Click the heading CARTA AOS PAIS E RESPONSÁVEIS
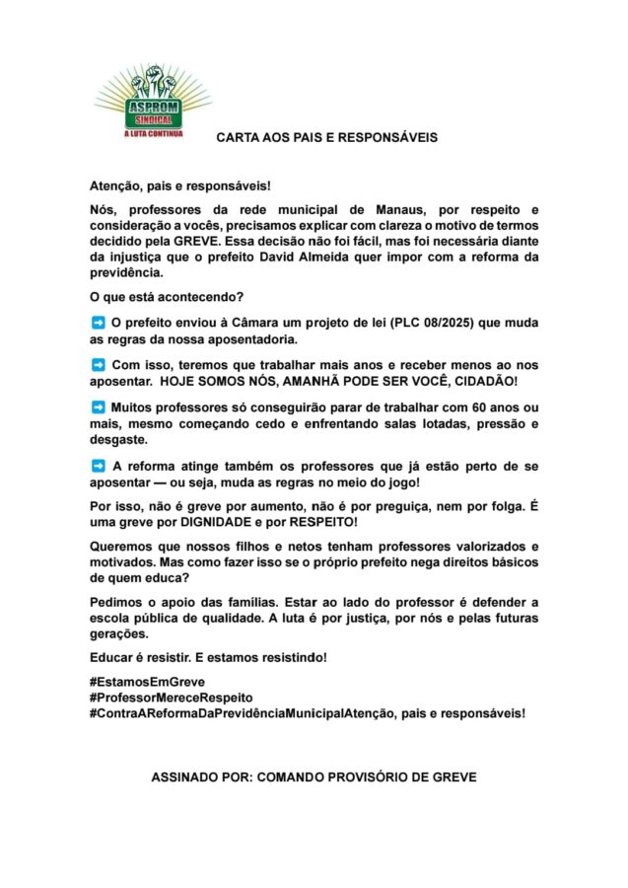click(326, 137)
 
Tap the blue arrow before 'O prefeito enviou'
click(98, 323)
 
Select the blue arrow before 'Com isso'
click(98, 365)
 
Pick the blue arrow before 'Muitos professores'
click(98, 407)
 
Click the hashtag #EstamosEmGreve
click(147, 682)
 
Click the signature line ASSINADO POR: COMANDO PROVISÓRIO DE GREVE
click(314, 777)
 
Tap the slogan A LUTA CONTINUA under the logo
click(154, 132)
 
